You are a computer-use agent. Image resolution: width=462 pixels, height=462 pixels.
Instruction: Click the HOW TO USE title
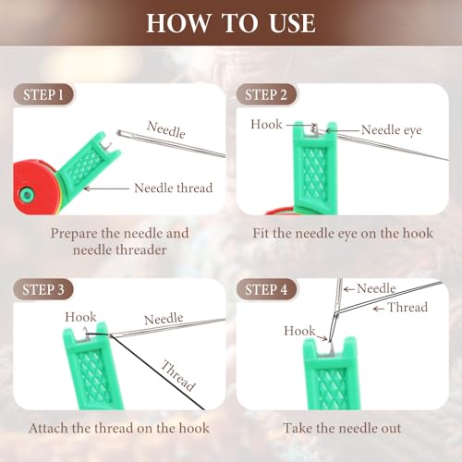coord(230,22)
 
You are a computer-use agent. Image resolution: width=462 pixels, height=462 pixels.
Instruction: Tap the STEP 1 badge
coord(43,94)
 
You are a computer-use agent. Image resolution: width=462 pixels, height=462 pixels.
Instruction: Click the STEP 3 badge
coord(43,290)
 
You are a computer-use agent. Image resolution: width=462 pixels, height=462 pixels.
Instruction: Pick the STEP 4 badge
coord(268,290)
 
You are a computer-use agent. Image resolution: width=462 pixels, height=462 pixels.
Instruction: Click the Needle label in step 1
coord(166,125)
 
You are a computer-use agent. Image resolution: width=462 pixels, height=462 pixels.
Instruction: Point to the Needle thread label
coord(174,188)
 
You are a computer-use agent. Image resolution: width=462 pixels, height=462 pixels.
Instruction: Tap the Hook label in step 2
coord(267,124)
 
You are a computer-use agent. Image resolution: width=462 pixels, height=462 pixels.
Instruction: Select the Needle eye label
coord(391,130)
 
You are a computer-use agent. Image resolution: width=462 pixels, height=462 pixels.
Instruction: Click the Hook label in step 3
coord(80,317)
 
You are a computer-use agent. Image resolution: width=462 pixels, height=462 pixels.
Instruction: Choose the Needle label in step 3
coord(163,318)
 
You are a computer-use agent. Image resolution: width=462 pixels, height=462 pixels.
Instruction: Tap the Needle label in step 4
coord(376,288)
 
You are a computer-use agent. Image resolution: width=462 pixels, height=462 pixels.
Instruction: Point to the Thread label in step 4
coord(407,307)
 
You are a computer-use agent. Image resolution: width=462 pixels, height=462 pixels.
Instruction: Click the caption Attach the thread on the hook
coord(118,428)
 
